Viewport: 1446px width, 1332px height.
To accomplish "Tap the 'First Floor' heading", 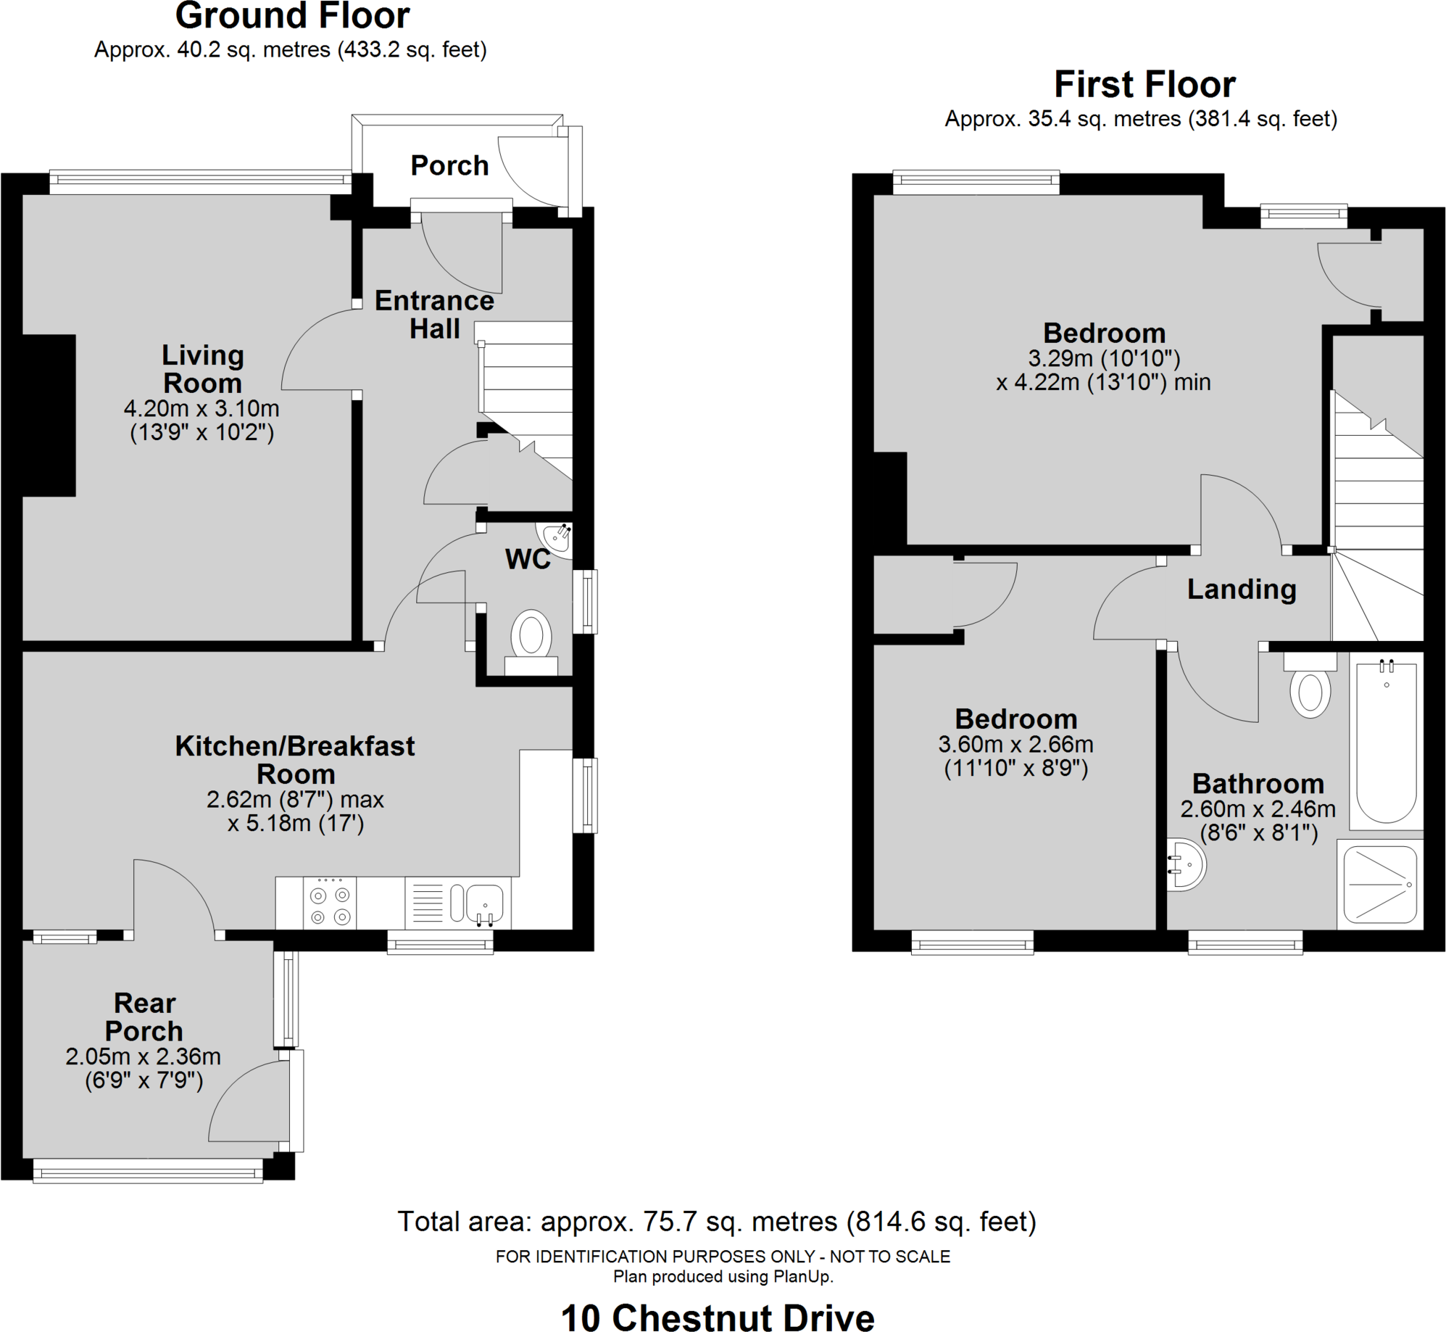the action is (x=1144, y=84).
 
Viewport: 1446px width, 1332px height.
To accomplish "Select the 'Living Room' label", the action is (x=202, y=369).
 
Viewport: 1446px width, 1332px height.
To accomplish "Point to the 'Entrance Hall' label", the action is (x=434, y=314).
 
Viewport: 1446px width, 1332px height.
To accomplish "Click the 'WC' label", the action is (x=528, y=559).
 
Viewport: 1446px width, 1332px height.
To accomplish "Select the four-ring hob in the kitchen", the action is (x=330, y=906).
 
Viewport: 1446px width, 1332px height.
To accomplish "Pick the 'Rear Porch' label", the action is (x=144, y=1017).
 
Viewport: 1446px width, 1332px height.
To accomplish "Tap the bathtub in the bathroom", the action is (x=1386, y=741).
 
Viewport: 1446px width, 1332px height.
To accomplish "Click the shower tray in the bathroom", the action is (x=1380, y=885).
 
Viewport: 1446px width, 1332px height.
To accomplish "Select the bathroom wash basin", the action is (x=1186, y=864).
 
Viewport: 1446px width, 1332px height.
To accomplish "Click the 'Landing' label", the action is (x=1242, y=590).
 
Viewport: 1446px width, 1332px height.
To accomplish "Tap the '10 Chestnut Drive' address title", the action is (x=718, y=1317).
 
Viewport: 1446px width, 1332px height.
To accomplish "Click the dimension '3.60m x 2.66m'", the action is (x=1015, y=744).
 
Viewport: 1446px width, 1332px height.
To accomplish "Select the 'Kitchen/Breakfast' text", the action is (x=295, y=746).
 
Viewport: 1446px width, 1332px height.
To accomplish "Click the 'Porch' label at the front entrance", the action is (x=449, y=165).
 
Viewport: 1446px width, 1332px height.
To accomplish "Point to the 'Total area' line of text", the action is (x=717, y=1221).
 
